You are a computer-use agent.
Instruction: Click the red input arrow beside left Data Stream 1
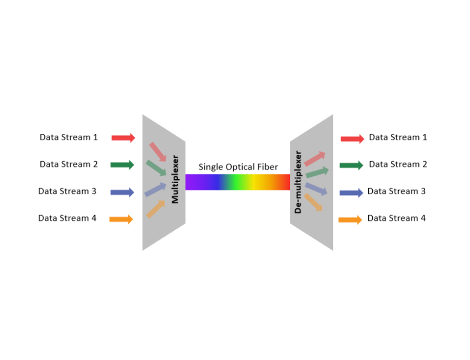click(123, 138)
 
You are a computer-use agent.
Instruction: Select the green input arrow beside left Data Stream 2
click(122, 165)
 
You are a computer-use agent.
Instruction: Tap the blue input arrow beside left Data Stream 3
click(122, 192)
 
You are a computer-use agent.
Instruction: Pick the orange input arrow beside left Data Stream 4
click(121, 219)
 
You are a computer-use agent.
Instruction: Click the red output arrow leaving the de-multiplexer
click(352, 139)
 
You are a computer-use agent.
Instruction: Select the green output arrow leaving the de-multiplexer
click(351, 166)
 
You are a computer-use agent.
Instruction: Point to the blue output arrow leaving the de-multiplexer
click(351, 193)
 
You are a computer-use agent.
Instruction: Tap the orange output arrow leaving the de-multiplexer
click(350, 220)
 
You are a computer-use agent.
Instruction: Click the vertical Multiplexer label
click(175, 179)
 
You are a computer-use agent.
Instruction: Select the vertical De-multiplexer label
click(298, 182)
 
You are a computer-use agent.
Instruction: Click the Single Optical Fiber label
click(238, 167)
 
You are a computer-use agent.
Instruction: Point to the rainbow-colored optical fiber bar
click(238, 182)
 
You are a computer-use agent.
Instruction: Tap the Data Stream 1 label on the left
click(69, 137)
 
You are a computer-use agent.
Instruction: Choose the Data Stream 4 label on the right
click(397, 218)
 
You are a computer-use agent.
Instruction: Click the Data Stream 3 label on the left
click(67, 191)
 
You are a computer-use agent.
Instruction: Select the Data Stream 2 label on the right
click(398, 164)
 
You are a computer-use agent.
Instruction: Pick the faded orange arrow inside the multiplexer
click(156, 209)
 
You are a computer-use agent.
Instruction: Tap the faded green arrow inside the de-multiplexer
click(317, 172)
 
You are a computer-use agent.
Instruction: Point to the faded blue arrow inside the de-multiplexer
click(316, 189)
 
